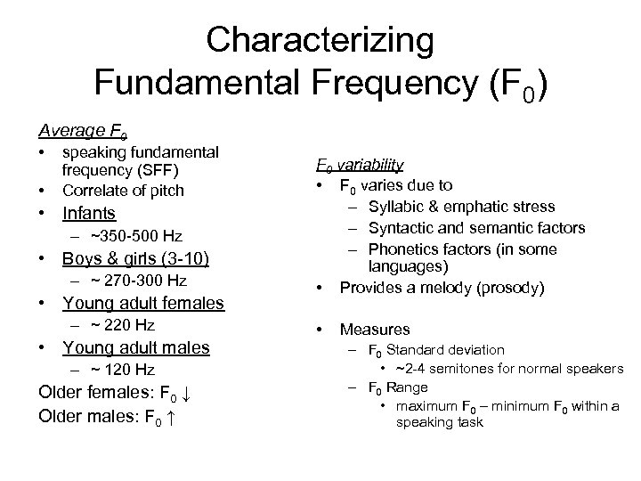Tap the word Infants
point(88,213)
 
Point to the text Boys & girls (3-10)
point(135,259)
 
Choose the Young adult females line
point(142,304)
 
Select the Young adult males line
point(135,347)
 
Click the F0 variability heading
point(360,165)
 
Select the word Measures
point(375,330)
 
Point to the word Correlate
point(90,190)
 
